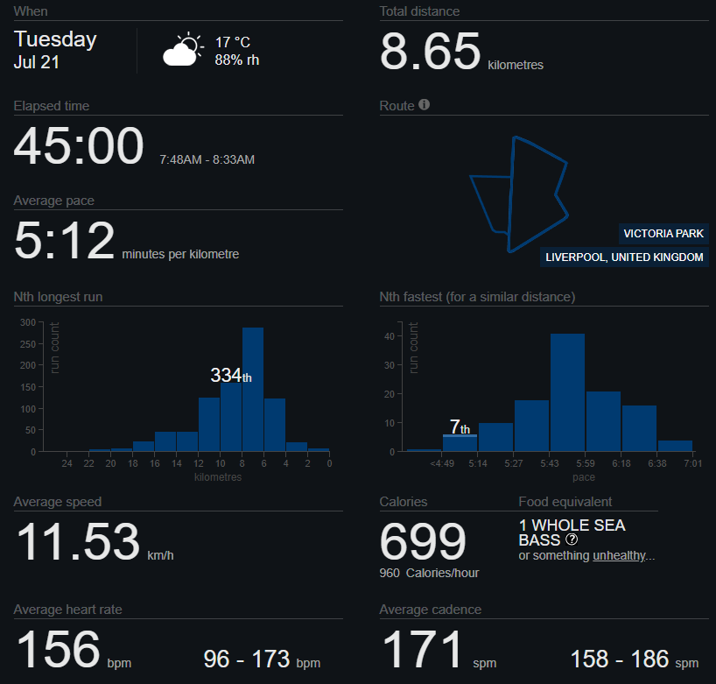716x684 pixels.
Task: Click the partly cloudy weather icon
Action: click(x=183, y=50)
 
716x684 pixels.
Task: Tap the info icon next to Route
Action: click(x=425, y=104)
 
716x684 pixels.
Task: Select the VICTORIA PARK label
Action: click(x=663, y=234)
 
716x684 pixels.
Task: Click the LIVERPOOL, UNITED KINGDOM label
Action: click(x=624, y=257)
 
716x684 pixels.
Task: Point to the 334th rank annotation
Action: click(x=231, y=375)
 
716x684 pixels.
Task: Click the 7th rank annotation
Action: click(x=460, y=427)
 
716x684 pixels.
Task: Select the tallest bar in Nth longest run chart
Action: click(x=253, y=389)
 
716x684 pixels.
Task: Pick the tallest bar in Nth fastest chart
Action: click(x=567, y=392)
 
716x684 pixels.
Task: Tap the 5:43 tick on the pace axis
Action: click(x=550, y=463)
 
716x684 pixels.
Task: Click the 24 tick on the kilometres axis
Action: click(x=67, y=463)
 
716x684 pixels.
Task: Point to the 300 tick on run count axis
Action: click(x=28, y=322)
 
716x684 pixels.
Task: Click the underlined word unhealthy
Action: click(x=619, y=555)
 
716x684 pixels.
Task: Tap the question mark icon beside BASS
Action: click(x=572, y=539)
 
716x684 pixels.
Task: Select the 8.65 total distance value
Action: click(x=430, y=51)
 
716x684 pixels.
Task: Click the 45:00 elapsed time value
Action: click(x=79, y=145)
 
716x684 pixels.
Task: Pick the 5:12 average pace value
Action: click(x=64, y=240)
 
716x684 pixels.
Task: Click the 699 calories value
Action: click(x=423, y=541)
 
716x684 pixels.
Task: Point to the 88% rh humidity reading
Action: click(x=237, y=60)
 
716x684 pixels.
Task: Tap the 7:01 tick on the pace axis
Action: click(x=692, y=463)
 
